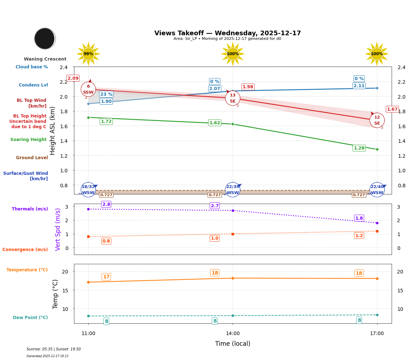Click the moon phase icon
[x=45, y=38]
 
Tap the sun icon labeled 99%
[x=88, y=54]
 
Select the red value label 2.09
[x=73, y=78]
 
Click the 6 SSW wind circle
[x=88, y=89]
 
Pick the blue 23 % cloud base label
[x=106, y=94]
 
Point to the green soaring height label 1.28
[x=359, y=148]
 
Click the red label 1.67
[x=392, y=109]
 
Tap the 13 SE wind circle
[x=233, y=98]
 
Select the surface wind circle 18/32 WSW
[x=88, y=190]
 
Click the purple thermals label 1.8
[x=359, y=218]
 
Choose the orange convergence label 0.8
[x=106, y=241]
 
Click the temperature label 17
[x=106, y=277]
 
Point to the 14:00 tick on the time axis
[x=233, y=333]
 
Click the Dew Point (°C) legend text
[x=30, y=318]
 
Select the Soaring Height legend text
[x=28, y=140]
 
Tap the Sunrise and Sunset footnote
[x=54, y=349]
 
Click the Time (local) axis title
[x=233, y=344]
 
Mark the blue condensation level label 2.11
[x=359, y=86]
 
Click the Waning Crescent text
[x=45, y=59]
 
